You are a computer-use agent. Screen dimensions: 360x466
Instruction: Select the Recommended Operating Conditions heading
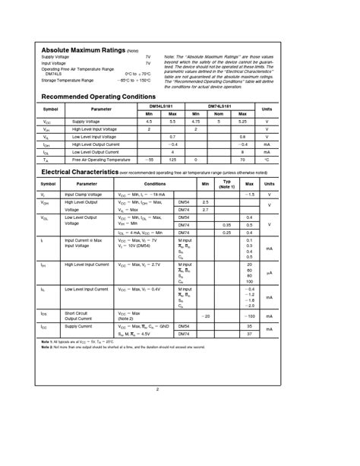(x=98, y=97)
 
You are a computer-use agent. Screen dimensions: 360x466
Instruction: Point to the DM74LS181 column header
(x=219, y=106)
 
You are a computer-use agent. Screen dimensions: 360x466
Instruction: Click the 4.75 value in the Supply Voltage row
(x=196, y=122)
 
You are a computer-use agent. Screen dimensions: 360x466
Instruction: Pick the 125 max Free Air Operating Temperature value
(x=172, y=160)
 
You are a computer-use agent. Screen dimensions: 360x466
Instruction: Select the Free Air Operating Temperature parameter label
(x=102, y=160)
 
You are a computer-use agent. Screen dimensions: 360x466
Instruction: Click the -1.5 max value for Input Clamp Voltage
(x=248, y=195)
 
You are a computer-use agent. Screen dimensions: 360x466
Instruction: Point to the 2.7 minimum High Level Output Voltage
(x=205, y=209)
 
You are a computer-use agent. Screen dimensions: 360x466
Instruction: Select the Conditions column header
(x=155, y=184)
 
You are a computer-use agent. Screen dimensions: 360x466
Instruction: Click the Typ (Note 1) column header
(x=226, y=184)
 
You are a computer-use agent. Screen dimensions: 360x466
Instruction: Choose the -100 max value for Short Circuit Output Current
(x=248, y=314)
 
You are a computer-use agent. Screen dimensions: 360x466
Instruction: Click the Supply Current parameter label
(x=78, y=326)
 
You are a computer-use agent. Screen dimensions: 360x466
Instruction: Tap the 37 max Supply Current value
(x=249, y=333)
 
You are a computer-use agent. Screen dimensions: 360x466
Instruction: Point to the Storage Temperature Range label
(x=68, y=79)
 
